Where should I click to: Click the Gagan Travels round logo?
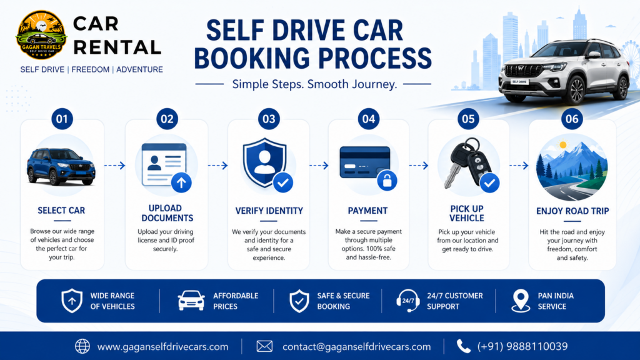click(x=41, y=35)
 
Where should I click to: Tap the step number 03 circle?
click(x=269, y=119)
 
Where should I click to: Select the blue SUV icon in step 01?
click(x=61, y=166)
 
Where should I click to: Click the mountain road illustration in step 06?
click(x=571, y=167)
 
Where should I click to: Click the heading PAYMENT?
click(x=367, y=211)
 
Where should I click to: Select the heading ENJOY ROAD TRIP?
click(x=572, y=211)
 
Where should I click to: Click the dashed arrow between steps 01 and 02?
click(x=115, y=165)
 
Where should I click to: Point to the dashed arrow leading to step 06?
click(x=519, y=165)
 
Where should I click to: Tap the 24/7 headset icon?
click(x=407, y=301)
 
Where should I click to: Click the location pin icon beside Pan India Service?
click(x=521, y=301)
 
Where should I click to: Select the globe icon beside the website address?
click(x=82, y=346)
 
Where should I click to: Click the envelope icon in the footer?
click(x=264, y=346)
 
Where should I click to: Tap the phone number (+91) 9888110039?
click(x=522, y=346)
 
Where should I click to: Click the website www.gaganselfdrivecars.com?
click(x=163, y=346)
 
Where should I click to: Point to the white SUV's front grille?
click(x=522, y=70)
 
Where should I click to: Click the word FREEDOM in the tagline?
click(x=91, y=69)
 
